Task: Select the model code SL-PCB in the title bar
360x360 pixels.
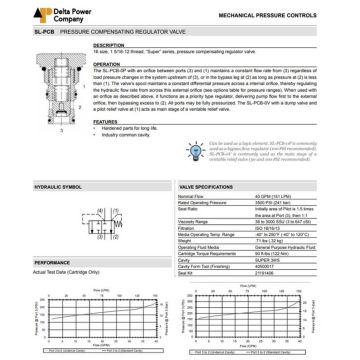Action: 18,32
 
